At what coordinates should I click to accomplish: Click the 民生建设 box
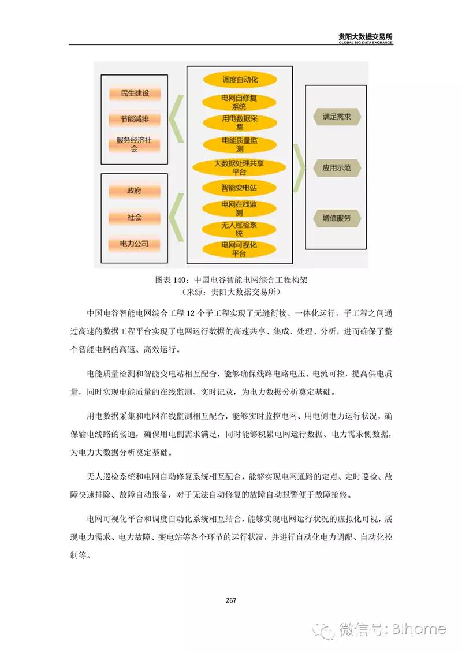134,94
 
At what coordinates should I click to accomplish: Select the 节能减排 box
134,120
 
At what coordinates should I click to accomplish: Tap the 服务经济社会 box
134,144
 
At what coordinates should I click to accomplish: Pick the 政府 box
134,191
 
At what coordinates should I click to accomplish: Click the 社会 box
134,217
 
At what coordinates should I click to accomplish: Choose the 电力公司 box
134,244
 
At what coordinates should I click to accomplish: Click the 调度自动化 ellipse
239,80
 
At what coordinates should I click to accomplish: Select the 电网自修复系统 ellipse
239,102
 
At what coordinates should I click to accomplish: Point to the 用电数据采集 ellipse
239,123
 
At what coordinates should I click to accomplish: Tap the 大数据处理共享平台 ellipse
239,167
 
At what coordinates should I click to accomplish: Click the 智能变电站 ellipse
239,188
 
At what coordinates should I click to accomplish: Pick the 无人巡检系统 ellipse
239,229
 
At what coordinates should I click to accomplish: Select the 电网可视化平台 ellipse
239,249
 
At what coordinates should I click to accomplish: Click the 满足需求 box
337,117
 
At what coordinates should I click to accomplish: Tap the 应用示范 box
337,168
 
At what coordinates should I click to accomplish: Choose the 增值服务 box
337,219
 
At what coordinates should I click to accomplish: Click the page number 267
231,600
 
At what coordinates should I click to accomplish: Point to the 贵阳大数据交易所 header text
366,36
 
